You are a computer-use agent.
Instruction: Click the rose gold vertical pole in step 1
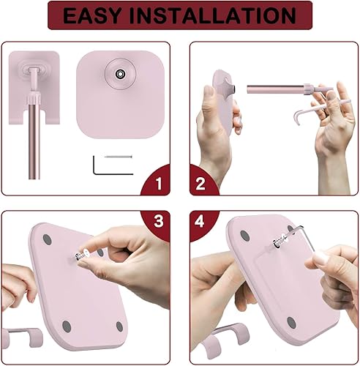click(x=31, y=146)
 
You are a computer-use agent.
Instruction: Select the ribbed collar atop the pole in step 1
click(x=31, y=98)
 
